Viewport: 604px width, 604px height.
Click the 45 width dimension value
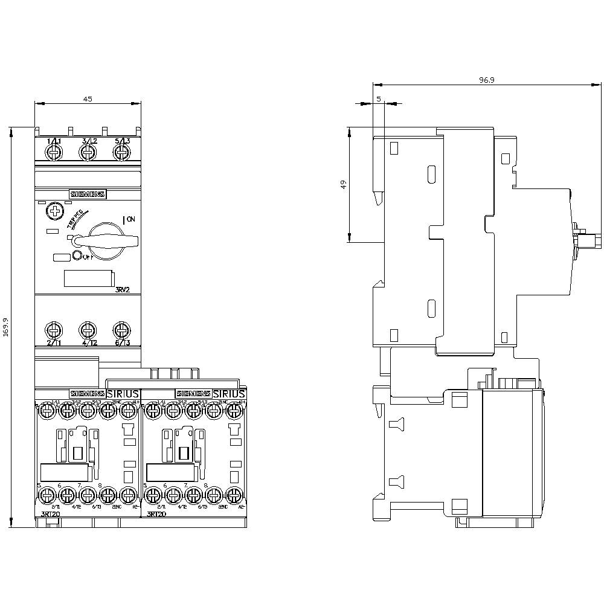(88, 99)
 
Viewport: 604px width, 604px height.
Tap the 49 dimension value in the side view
(344, 185)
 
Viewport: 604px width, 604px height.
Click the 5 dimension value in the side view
(378, 98)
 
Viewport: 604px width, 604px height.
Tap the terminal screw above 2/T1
(54, 330)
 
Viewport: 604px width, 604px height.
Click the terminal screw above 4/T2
(88, 330)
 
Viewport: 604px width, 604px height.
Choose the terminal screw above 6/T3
(122, 330)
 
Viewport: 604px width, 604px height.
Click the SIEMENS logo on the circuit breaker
(88, 194)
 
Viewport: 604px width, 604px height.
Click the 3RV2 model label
(123, 291)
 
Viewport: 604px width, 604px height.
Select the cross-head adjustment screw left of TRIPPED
(55, 211)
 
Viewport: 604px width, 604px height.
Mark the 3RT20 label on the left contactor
(50, 514)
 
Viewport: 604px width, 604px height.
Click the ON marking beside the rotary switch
(131, 219)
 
